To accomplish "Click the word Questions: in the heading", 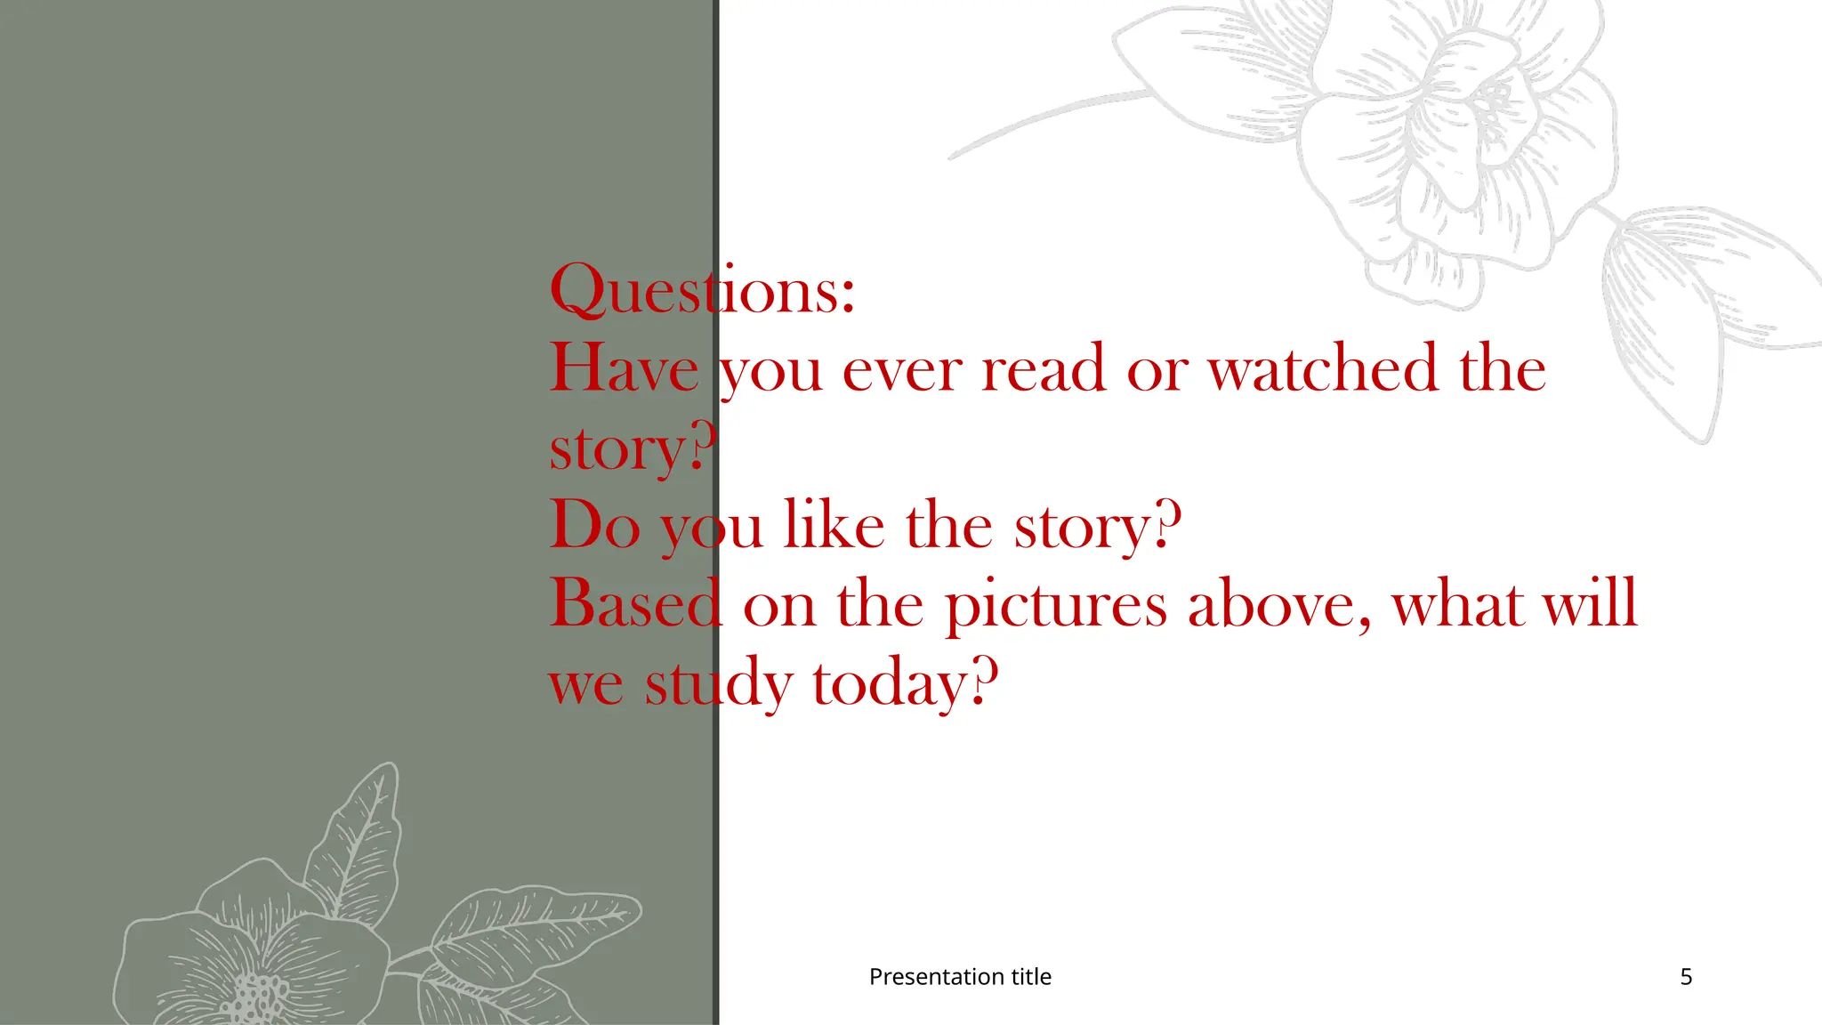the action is [702, 290].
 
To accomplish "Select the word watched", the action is [1322, 368].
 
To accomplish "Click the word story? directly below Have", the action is [633, 448].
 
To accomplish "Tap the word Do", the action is [595, 525].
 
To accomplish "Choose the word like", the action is [834, 525].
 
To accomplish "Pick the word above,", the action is [1279, 603].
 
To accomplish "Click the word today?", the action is [905, 683].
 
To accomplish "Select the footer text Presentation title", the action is [960, 977].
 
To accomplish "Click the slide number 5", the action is [1686, 977].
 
